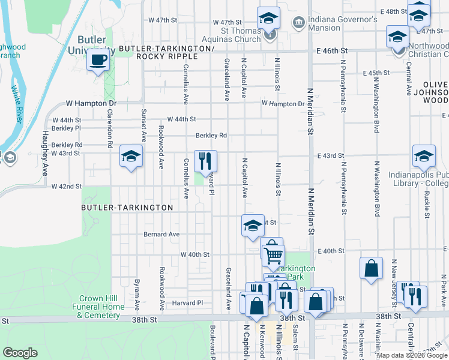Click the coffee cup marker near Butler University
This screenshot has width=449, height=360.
pyautogui.click(x=98, y=60)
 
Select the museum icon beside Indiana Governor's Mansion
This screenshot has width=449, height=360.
pyautogui.click(x=298, y=23)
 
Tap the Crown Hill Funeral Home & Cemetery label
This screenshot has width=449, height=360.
pyautogui.click(x=103, y=307)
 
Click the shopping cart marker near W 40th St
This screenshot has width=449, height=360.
pyautogui.click(x=274, y=256)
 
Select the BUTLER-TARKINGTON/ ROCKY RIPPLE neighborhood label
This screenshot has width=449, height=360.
pyautogui.click(x=166, y=52)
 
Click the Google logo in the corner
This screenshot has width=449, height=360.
pyautogui.click(x=20, y=353)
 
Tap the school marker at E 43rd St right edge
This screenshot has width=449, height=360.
pyautogui.click(x=424, y=157)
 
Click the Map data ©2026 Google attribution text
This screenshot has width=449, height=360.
pyautogui.click(x=412, y=355)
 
